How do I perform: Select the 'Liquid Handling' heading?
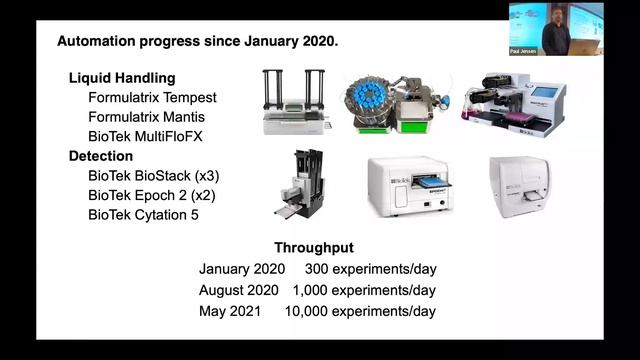[x=122, y=78]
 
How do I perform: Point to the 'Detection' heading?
[x=101, y=156]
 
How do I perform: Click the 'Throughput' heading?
[x=314, y=248]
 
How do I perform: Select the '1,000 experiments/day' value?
[x=364, y=290]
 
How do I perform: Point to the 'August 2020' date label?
[x=239, y=290]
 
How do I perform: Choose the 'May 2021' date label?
[x=230, y=311]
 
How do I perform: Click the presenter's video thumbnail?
[x=555, y=28]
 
